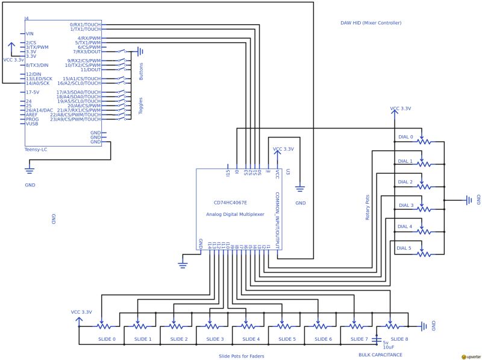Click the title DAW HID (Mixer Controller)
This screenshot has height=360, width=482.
(371, 23)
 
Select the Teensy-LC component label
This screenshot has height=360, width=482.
(36, 149)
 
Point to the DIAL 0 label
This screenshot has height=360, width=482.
(405, 137)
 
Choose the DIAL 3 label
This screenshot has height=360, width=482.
(405, 205)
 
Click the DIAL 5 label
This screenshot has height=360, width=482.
(404, 248)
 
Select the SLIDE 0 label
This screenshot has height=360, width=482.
(107, 339)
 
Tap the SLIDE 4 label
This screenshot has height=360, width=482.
(251, 339)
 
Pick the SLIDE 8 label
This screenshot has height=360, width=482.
(399, 339)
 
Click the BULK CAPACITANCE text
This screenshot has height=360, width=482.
(380, 355)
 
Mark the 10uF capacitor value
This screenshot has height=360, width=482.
(388, 347)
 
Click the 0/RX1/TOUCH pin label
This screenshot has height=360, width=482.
(85, 25)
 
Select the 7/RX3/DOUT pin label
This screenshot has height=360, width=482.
(87, 52)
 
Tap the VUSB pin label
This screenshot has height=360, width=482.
(32, 124)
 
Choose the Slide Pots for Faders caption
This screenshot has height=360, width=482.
(242, 356)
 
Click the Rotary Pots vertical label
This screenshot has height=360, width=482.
(368, 206)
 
